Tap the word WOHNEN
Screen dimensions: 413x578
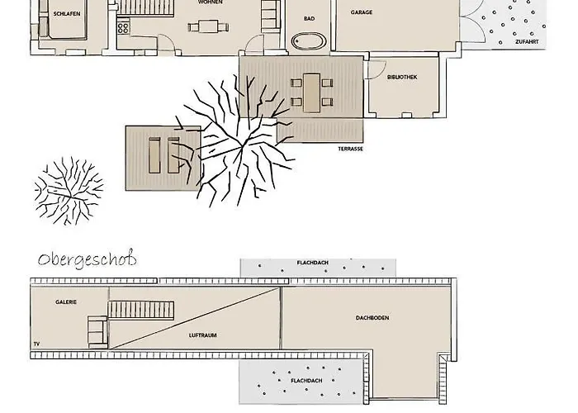210,2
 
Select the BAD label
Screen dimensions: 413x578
309,17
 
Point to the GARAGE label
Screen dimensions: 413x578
361,13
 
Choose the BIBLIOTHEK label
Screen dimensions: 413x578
402,77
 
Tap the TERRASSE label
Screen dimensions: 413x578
350,150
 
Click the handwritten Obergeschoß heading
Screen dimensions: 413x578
87,259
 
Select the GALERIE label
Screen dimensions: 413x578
67,302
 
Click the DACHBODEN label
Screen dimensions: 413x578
372,318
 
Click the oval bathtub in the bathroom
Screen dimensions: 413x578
309,40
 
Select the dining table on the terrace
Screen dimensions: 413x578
311,93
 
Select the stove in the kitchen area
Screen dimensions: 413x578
123,26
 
